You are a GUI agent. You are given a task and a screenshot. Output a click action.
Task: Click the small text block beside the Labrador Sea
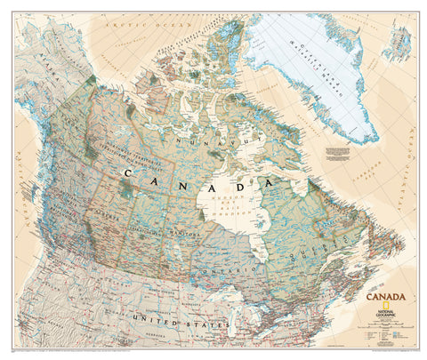coord(341,154)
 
